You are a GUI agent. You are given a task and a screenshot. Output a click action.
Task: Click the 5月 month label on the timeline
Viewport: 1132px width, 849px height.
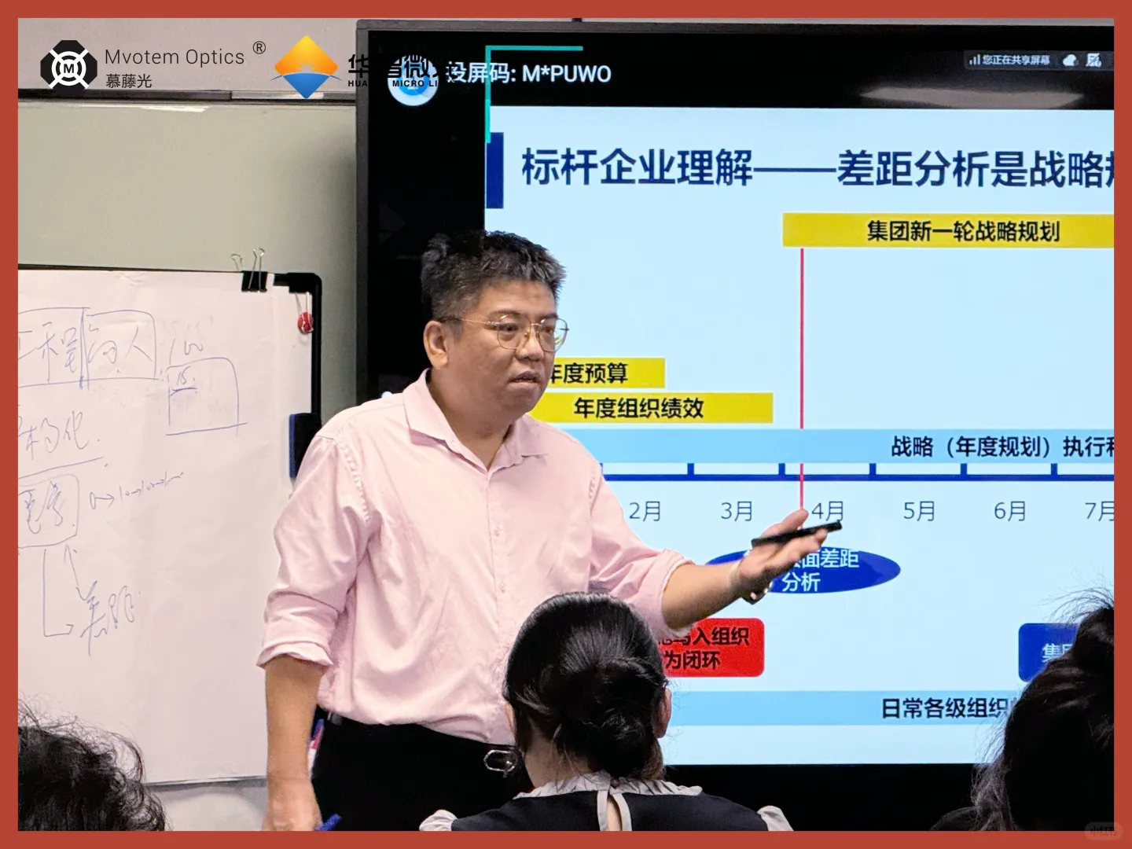pyautogui.click(x=918, y=512)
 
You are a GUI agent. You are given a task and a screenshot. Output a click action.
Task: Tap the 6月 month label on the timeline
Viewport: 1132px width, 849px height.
pyautogui.click(x=1009, y=512)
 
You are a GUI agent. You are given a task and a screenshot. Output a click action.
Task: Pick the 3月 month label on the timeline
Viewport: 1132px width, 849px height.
pyautogui.click(x=737, y=512)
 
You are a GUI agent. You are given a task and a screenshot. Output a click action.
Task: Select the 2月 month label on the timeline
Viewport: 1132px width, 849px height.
pyautogui.click(x=645, y=512)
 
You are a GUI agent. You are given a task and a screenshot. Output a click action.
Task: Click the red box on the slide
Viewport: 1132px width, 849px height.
pyautogui.click(x=711, y=647)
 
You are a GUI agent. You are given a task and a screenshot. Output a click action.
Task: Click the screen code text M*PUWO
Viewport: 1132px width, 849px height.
pyautogui.click(x=566, y=74)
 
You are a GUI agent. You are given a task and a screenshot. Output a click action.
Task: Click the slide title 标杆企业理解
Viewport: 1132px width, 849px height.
pyautogui.click(x=637, y=167)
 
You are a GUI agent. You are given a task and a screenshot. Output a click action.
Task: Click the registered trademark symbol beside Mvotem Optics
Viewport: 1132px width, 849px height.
pyautogui.click(x=259, y=49)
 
